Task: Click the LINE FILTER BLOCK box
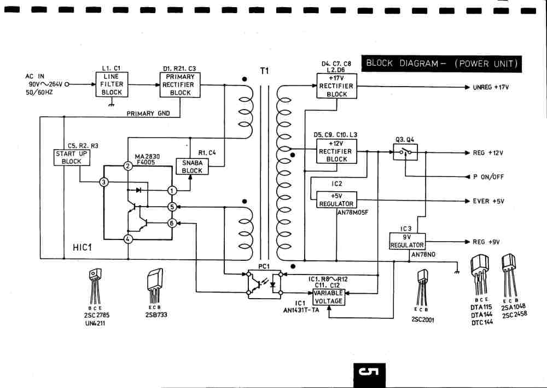point(112,85)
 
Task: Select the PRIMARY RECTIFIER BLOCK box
point(180,85)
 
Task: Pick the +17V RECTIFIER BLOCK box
point(336,86)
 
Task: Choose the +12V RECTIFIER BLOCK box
point(336,151)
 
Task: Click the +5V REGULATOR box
point(336,199)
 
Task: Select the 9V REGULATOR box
point(406,241)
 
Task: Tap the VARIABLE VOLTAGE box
point(328,297)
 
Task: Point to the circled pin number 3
point(104,182)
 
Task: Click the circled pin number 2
point(128,166)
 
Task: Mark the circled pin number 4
point(128,239)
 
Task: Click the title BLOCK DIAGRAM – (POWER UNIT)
point(441,64)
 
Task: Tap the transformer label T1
point(265,71)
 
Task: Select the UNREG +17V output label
point(491,87)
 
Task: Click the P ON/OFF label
point(488,177)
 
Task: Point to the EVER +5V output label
point(488,201)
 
